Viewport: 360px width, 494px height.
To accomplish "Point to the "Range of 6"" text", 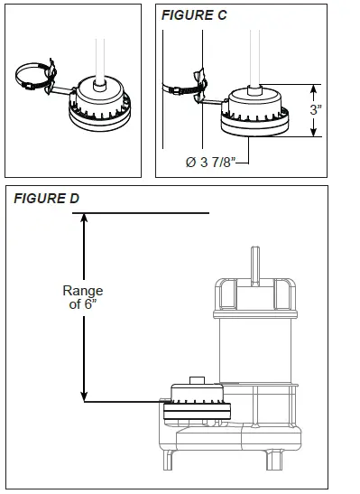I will (83, 297).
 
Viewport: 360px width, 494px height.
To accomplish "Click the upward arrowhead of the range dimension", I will (84, 218).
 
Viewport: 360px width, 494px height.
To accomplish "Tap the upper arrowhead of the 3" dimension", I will (315, 88).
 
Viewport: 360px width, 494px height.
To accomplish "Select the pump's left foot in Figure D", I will (171, 460).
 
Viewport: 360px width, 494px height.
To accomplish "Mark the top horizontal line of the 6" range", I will (144, 212).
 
